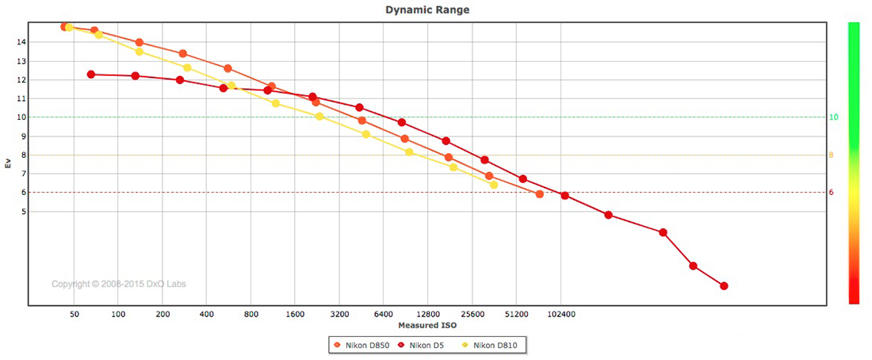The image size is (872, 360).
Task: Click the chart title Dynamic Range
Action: (x=426, y=10)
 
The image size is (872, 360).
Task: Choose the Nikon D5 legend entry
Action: (x=425, y=345)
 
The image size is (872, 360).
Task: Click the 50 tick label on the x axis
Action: (x=75, y=315)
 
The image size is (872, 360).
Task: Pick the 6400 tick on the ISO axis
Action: (x=384, y=315)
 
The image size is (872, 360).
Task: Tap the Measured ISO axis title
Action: (x=426, y=325)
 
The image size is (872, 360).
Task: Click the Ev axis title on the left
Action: (x=9, y=164)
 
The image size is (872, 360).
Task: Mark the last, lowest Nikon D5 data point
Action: (x=724, y=286)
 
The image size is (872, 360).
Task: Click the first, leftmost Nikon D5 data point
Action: (x=91, y=75)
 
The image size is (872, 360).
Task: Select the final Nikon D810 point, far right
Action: (x=494, y=185)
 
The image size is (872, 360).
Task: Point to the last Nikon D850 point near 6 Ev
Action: (x=540, y=194)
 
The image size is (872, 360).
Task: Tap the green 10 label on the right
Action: (x=833, y=117)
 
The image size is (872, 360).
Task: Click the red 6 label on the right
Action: (x=831, y=193)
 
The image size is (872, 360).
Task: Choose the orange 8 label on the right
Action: (x=831, y=155)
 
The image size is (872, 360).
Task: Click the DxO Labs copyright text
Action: (x=119, y=284)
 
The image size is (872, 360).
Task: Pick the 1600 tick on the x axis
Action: (x=295, y=315)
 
